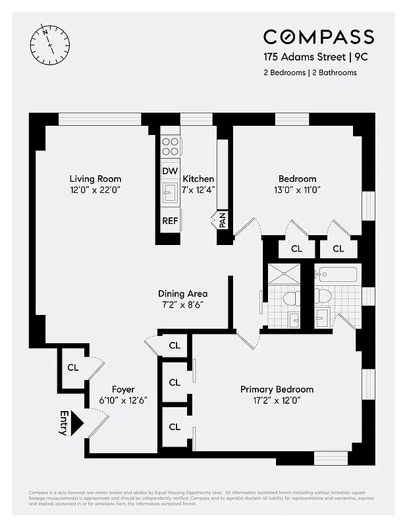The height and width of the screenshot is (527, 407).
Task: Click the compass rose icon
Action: click(49, 43)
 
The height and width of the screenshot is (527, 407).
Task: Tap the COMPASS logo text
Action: click(319, 37)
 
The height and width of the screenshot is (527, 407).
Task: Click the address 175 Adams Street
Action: click(296, 57)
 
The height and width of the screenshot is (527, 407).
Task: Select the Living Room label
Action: click(95, 179)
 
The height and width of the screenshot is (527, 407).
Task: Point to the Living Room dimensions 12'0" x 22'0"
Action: click(95, 190)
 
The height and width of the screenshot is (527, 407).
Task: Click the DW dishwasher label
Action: click(169, 171)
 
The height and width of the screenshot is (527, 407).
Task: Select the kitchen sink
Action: click(170, 193)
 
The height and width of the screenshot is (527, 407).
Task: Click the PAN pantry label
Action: click(223, 221)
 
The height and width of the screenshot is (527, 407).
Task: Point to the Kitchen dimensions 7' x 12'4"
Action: click(198, 190)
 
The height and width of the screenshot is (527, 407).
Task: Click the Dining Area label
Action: click(182, 294)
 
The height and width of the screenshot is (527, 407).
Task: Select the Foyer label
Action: click(123, 389)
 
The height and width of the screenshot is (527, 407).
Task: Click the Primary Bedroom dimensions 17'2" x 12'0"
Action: click(277, 401)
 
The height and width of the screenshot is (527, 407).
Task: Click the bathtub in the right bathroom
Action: click(337, 274)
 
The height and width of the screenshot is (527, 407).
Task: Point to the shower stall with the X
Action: click(284, 274)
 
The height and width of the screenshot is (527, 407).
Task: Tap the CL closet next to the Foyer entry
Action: click(72, 367)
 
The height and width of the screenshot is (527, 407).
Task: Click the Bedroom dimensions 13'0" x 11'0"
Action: click(297, 190)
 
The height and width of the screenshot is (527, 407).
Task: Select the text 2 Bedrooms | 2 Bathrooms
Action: click(310, 72)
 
